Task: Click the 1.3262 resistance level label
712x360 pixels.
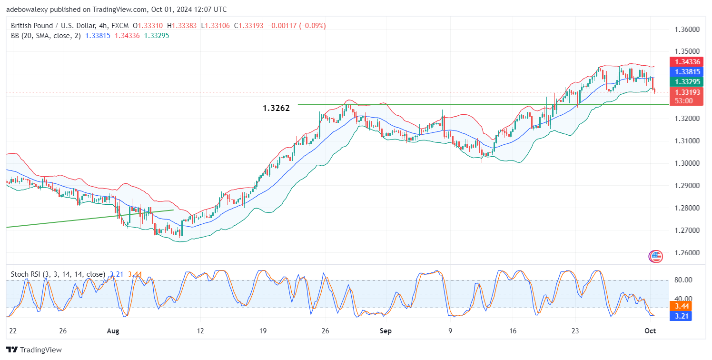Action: pyautogui.click(x=276, y=109)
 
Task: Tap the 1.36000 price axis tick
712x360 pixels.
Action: pyautogui.click(x=686, y=30)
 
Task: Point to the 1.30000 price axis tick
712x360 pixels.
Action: pyautogui.click(x=686, y=163)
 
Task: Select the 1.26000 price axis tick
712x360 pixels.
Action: pyautogui.click(x=686, y=253)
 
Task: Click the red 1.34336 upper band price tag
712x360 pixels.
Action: pyautogui.click(x=686, y=62)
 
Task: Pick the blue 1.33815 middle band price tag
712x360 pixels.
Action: pyautogui.click(x=686, y=71)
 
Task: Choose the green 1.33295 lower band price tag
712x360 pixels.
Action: pyautogui.click(x=686, y=81)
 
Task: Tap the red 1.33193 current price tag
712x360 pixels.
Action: pyautogui.click(x=686, y=92)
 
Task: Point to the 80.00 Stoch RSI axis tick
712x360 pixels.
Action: pyautogui.click(x=684, y=280)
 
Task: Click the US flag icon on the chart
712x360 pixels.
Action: pyautogui.click(x=655, y=257)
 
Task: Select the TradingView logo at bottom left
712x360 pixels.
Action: pyautogui.click(x=34, y=350)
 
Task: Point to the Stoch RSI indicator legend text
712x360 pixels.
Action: pyautogui.click(x=58, y=274)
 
